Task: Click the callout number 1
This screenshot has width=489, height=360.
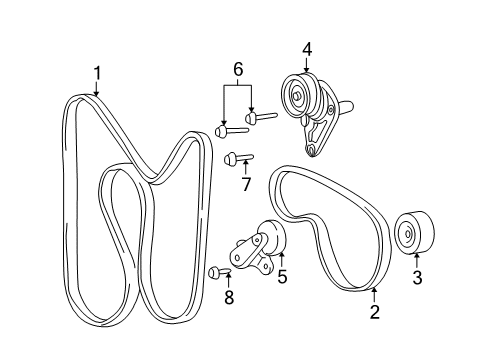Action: point(96,72)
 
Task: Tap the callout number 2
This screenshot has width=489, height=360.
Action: point(374,312)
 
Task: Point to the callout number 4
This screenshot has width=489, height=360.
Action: point(307,47)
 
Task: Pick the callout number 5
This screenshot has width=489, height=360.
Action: point(283,276)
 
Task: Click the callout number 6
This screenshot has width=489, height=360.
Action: point(238,69)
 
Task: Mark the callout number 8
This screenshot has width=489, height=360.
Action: point(229,297)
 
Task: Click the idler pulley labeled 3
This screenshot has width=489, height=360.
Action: point(412,236)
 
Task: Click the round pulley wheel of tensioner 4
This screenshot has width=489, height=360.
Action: point(298,97)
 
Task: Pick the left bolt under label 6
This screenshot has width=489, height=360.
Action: point(228,129)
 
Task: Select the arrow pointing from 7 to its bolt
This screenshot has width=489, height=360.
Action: point(246,165)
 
